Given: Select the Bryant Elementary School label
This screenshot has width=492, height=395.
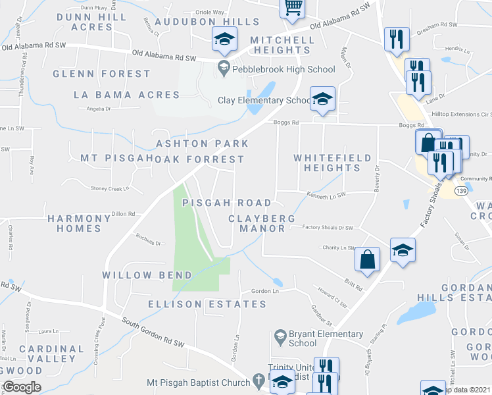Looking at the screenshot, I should coord(312,338).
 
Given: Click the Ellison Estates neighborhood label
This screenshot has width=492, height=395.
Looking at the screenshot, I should coord(207,304).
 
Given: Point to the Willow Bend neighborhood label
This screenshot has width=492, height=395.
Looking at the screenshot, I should coord(147,275).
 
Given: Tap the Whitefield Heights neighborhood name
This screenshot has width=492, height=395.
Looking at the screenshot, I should coord(332,163).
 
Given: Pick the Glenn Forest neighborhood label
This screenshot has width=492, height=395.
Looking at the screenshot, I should coord(102,74).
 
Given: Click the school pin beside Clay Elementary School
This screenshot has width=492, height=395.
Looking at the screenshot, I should coord(322,99).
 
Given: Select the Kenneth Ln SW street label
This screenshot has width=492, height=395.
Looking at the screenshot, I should coord(326,194).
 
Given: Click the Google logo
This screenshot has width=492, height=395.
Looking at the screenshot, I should coord(22,387).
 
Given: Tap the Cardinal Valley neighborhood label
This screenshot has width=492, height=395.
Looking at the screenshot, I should coord(52,354).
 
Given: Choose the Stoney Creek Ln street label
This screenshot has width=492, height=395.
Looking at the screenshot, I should coord(110,188).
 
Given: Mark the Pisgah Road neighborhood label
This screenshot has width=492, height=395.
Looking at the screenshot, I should coord(226,202).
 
